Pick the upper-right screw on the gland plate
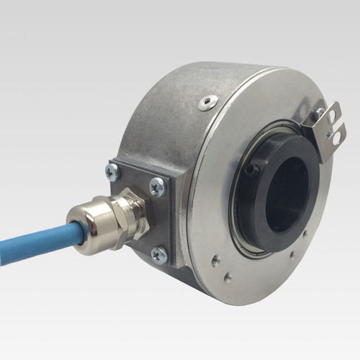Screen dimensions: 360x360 coord(157,185)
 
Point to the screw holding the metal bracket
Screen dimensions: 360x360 coord(318,114)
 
